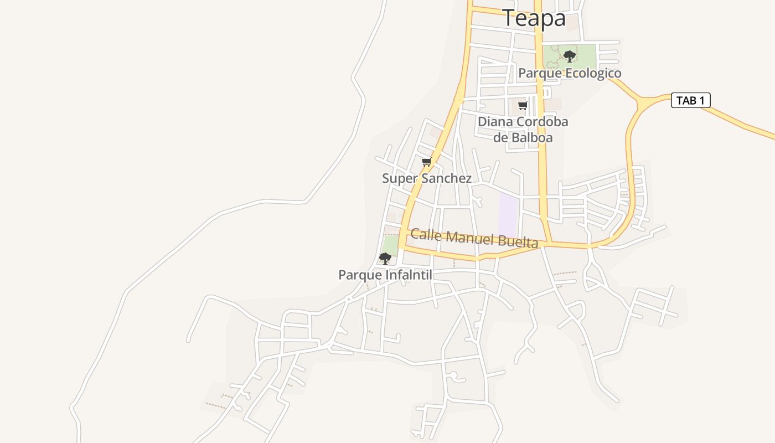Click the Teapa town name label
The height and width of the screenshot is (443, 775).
[x=534, y=18]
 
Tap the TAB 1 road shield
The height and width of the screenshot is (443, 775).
[x=690, y=100]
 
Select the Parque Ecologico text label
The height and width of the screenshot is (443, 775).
[x=570, y=73]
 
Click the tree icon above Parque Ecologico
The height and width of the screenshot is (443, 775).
[x=569, y=56]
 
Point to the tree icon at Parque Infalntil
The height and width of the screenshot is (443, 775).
[x=385, y=258]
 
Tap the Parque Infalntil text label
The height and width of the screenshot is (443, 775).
[x=385, y=275]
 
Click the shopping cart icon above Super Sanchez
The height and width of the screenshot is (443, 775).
[x=426, y=162]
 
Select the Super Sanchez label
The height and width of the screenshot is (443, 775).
[x=427, y=178]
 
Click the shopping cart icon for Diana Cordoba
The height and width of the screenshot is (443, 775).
[x=523, y=105]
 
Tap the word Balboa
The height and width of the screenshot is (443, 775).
[x=531, y=137]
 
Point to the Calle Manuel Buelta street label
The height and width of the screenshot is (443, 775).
[x=474, y=238]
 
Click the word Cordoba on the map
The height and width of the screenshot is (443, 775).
[x=541, y=122]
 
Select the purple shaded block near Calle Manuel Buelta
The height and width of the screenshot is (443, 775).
[x=508, y=215]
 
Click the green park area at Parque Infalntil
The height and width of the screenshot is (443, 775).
[x=390, y=244]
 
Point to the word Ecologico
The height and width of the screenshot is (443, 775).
[x=593, y=73]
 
